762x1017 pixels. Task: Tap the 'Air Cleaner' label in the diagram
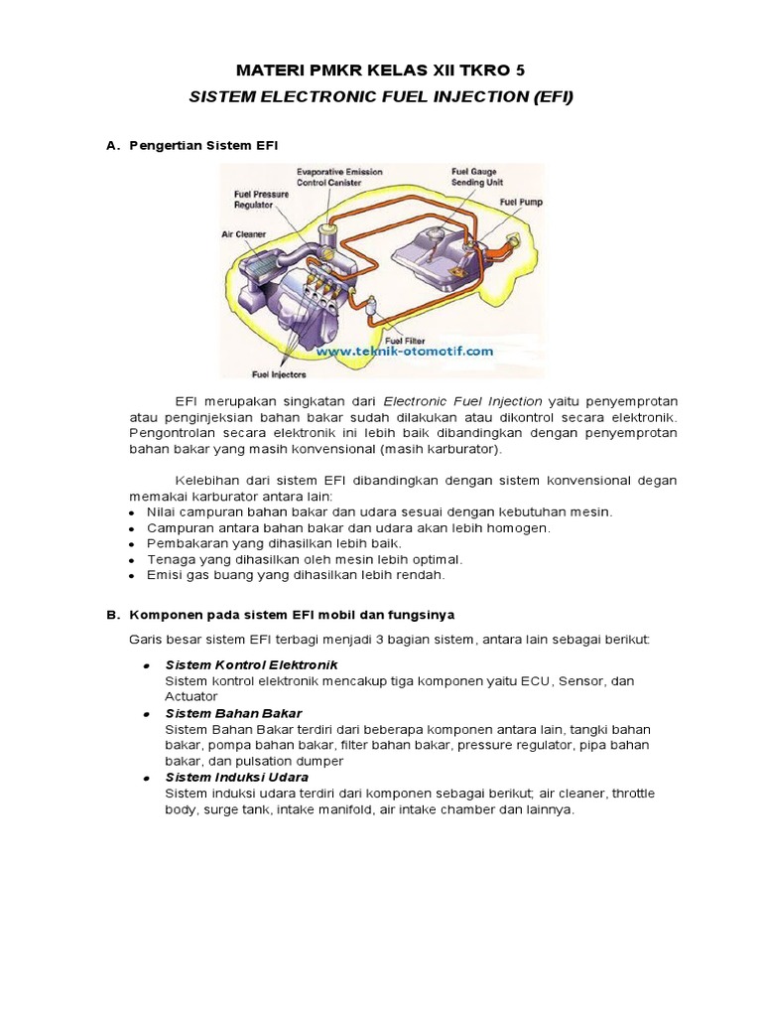tap(243, 235)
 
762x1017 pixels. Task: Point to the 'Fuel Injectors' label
tap(279, 374)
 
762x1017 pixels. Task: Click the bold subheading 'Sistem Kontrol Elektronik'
tap(252, 663)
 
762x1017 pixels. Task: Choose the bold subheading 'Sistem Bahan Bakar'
tap(233, 713)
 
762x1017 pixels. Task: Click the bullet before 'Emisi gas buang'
tap(132, 575)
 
